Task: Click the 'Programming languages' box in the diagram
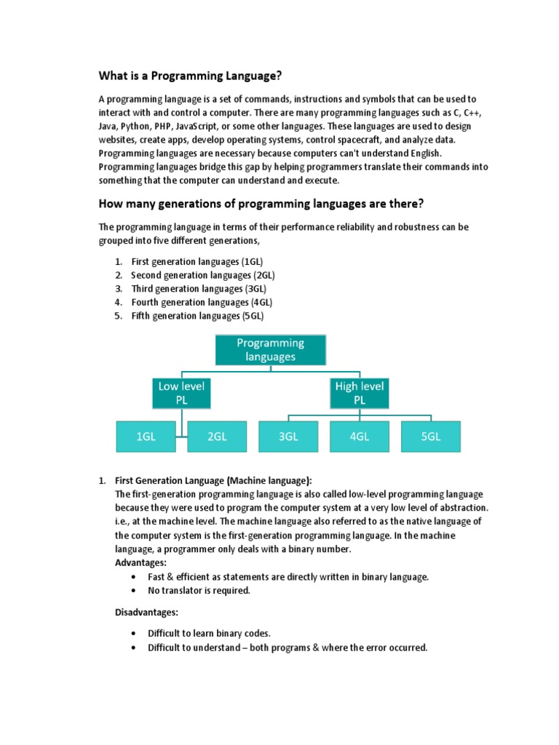coord(270,349)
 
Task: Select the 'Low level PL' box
coord(181,393)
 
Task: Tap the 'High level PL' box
coord(360,393)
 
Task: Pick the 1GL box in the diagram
coord(146,437)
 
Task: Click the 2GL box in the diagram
coord(217,437)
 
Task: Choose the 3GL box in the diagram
coord(288,437)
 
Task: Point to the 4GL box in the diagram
coord(360,437)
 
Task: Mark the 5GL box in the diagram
coord(431,437)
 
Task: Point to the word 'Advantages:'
coord(141,562)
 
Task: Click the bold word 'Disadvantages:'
coord(147,613)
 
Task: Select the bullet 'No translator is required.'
coord(199,590)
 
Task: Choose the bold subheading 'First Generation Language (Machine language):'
coord(213,480)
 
